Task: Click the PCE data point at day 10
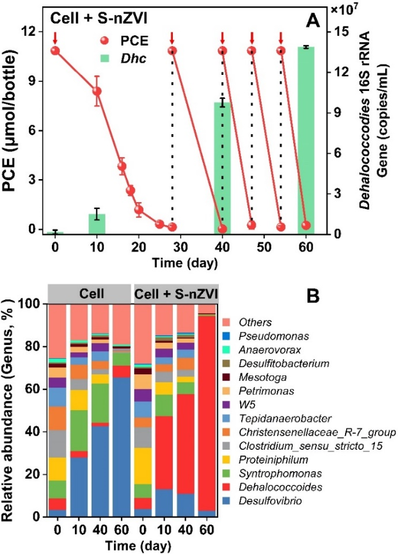[x=97, y=91]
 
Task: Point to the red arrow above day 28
[x=172, y=38]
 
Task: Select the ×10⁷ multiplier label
[x=354, y=11]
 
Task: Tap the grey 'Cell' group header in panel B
[x=90, y=292]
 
